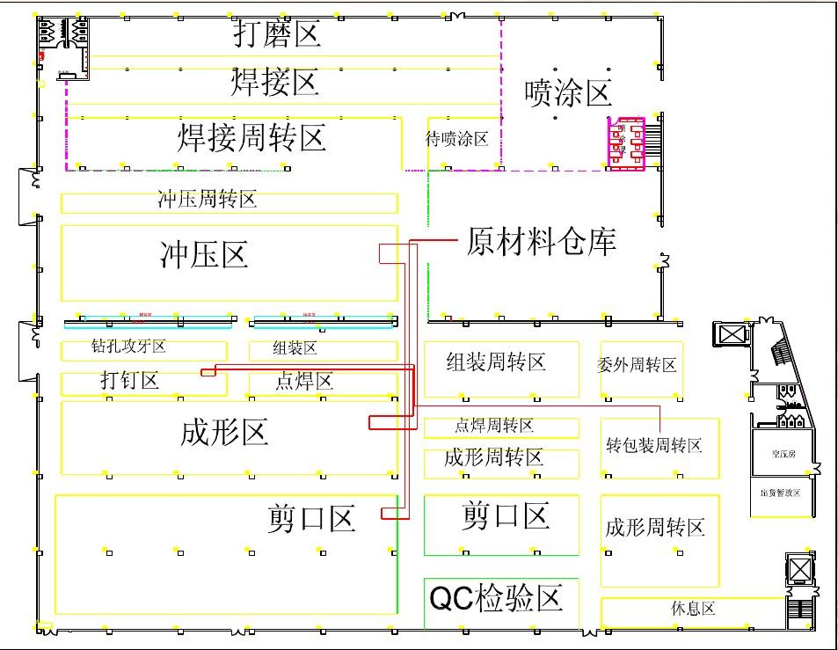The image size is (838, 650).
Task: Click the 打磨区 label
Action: point(276,34)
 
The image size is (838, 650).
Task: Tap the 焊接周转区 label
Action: point(252,137)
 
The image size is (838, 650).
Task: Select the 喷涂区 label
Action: point(567,91)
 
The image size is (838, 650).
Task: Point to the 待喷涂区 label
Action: point(457,139)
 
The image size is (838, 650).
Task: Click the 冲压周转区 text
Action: point(208,200)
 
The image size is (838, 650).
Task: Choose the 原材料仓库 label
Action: point(541,240)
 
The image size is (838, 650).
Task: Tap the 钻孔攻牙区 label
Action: point(128,347)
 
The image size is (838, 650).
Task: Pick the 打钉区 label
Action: point(129,381)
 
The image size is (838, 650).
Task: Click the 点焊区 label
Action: point(304,381)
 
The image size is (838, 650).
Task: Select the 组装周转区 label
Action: point(496,362)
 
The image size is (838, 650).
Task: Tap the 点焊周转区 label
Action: point(494,426)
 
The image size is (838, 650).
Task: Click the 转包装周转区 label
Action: point(654,446)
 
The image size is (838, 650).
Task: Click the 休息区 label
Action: point(693,609)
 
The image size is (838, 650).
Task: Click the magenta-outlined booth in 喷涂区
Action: point(627,142)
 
